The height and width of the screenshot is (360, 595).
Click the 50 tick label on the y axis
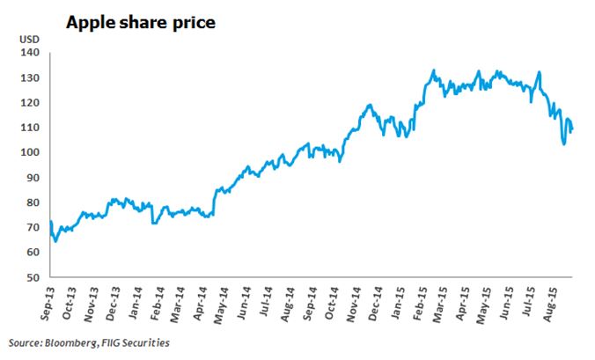(x=33, y=278)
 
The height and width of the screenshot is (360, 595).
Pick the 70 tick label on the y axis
(x=33, y=228)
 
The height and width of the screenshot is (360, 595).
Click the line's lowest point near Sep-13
(x=55, y=240)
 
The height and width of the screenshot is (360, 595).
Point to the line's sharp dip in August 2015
(x=563, y=143)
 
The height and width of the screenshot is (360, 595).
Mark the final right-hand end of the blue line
(x=573, y=130)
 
